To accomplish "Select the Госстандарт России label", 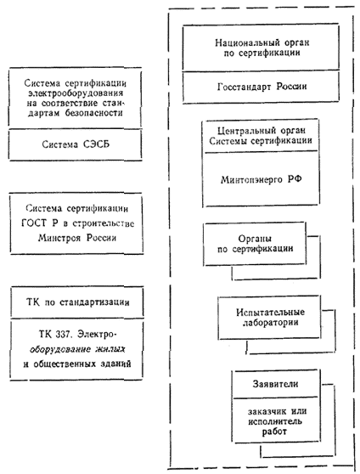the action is (x=262, y=87).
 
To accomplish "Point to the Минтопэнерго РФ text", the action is (x=261, y=179).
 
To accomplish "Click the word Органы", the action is (x=255, y=239).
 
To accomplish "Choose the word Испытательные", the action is (x=270, y=312).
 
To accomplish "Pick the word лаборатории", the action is (x=271, y=322).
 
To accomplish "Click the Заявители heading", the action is (x=275, y=384).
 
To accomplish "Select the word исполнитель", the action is (x=275, y=421).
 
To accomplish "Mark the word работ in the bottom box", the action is (x=274, y=432).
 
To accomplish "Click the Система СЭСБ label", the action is (x=76, y=144).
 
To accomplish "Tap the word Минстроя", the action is (x=59, y=238).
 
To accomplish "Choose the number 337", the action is (x=64, y=334).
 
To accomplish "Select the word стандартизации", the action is (x=94, y=302).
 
